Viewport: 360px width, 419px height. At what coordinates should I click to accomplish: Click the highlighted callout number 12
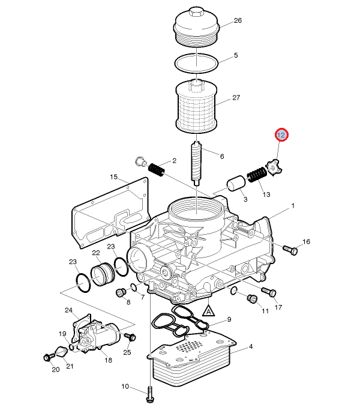coord(281,135)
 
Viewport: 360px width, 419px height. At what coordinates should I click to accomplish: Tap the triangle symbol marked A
coord(209,311)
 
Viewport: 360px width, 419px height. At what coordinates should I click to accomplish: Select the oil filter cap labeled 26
coord(197,27)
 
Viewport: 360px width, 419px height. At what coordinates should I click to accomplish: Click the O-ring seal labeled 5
coord(197,63)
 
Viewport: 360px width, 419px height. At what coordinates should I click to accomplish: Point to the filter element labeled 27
coord(196,107)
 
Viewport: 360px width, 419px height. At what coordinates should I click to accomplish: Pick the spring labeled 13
coord(257,175)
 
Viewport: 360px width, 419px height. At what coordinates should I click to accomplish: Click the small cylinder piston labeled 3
coord(236,183)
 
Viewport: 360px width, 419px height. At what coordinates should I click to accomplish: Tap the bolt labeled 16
coord(290,250)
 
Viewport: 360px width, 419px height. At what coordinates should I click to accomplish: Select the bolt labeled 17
coord(269,292)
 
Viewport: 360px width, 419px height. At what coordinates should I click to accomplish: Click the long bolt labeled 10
coord(150,394)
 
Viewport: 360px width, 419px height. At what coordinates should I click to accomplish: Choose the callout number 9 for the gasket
coord(229,319)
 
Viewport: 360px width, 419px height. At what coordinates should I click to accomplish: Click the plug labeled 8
coord(121,293)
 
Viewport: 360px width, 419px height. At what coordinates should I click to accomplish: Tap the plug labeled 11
coord(252,299)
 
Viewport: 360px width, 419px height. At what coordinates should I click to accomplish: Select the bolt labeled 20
coord(49,357)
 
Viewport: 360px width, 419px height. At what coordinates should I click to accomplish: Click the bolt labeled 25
coord(131,336)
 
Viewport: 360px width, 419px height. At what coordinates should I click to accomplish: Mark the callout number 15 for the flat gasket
coord(113,177)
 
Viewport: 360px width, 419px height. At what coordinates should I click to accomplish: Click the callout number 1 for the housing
coord(293,206)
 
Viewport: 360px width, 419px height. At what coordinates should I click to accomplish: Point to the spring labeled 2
coord(156,169)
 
